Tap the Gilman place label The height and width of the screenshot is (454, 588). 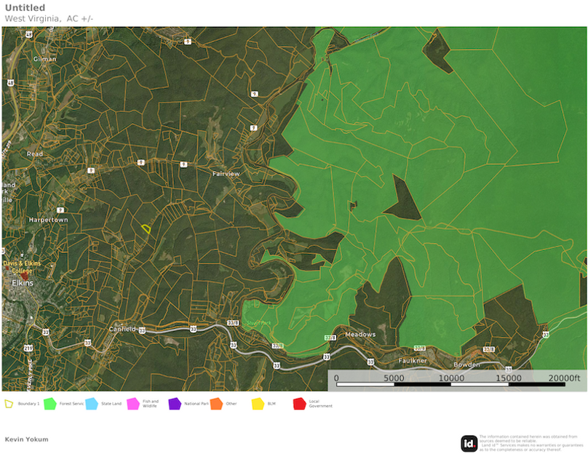click(44, 58)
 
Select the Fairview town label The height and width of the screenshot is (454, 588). click(226, 174)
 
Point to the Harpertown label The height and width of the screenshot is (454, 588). click(48, 220)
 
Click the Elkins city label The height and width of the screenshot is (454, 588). click(23, 283)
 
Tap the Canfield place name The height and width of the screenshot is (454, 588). click(122, 329)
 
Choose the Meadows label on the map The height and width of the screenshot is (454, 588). click(359, 335)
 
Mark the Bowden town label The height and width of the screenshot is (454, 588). click(466, 364)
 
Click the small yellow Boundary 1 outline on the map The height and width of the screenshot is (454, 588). click(146, 228)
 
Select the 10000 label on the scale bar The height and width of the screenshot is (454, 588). click(451, 378)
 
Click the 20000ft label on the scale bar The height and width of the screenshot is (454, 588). click(564, 378)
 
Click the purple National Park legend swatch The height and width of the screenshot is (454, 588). click(175, 403)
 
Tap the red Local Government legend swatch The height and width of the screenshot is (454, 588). click(299, 403)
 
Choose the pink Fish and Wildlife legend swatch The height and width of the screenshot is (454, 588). click(133, 403)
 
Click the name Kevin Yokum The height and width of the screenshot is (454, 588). click(27, 439)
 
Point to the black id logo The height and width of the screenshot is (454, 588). click(469, 443)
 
